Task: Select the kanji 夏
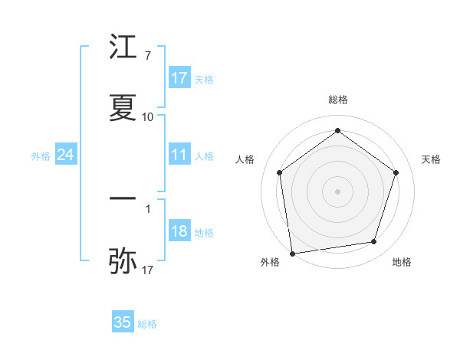(123, 109)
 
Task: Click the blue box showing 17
(179, 78)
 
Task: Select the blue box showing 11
(179, 155)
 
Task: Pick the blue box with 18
(179, 232)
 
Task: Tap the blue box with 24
(66, 155)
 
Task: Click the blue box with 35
(123, 322)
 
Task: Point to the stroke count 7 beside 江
(147, 56)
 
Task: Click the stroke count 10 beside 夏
(147, 116)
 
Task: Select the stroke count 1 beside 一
(147, 208)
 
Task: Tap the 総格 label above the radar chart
(338, 100)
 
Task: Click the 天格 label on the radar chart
(432, 159)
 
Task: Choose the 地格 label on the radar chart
(402, 262)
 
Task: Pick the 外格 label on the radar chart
(270, 262)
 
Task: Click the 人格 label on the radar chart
(245, 159)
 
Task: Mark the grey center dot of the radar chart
(338, 191)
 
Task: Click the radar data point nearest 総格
(338, 130)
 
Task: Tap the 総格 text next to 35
(147, 324)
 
